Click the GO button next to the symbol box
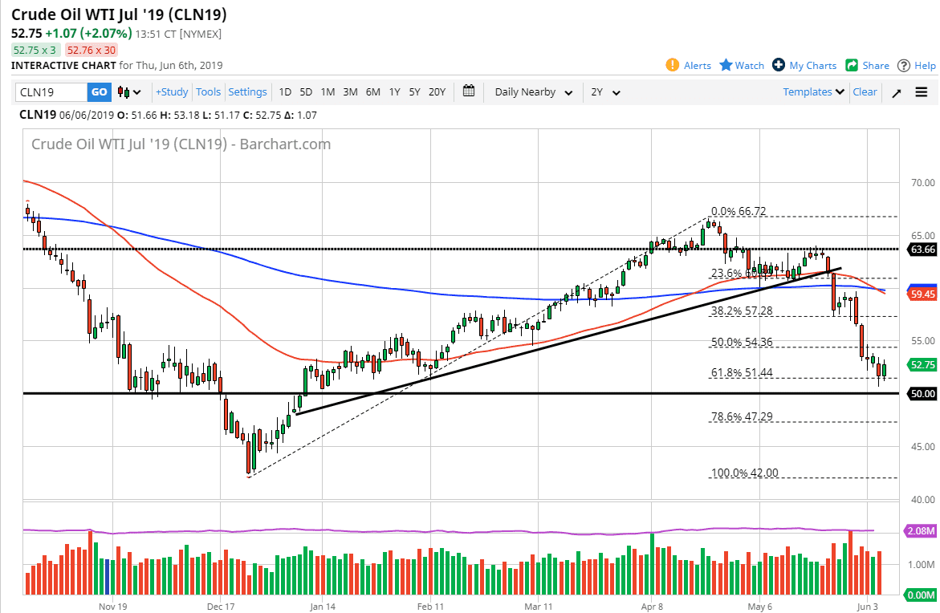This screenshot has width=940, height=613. click(99, 92)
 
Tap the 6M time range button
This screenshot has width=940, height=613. click(372, 92)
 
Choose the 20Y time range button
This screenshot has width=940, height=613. click(437, 92)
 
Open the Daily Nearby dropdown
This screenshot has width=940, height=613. click(534, 92)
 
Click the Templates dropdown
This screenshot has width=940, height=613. click(814, 92)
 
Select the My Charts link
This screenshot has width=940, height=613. click(804, 66)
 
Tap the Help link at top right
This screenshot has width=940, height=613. click(917, 66)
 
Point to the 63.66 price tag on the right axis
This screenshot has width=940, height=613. click(922, 250)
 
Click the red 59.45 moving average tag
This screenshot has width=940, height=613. click(922, 294)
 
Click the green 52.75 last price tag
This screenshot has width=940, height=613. click(922, 364)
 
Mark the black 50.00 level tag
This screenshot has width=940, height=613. click(922, 394)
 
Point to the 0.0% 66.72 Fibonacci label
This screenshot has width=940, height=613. click(738, 212)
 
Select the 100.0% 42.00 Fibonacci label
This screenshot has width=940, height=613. click(744, 473)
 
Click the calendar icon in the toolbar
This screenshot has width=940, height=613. click(470, 91)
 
